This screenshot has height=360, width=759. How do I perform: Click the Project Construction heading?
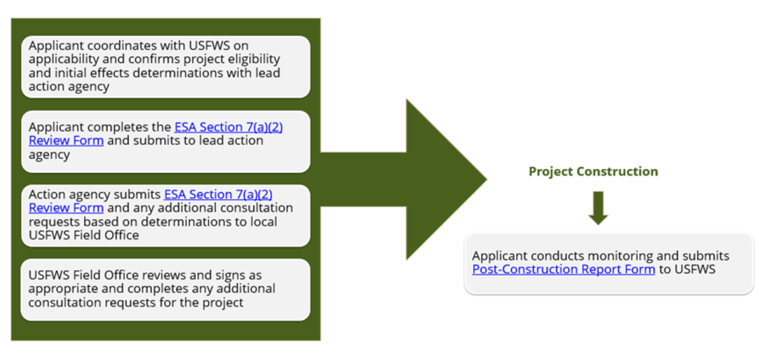tap(593, 172)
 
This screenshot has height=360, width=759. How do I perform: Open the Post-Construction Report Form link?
tap(563, 269)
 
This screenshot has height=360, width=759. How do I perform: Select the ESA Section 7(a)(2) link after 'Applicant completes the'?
tap(228, 127)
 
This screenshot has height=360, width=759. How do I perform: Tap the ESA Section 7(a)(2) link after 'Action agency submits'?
tap(218, 194)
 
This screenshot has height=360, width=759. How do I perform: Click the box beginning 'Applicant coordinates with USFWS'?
tap(166, 67)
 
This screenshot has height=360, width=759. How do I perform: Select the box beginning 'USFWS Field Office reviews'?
tap(166, 289)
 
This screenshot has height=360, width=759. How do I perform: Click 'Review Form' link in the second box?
tap(66, 141)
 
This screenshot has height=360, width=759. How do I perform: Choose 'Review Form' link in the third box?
tap(66, 208)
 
